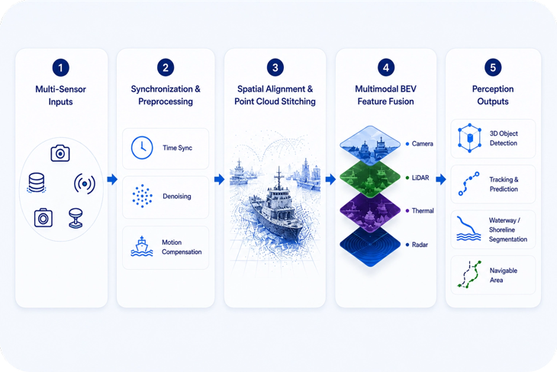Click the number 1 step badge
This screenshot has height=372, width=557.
60,67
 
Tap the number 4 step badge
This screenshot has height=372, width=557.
386,67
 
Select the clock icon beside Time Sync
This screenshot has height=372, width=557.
142,148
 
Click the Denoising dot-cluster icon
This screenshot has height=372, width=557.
142,196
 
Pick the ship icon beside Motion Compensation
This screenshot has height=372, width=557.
142,246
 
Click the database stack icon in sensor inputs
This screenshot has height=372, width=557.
36,183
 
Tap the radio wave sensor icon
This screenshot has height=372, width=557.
85,184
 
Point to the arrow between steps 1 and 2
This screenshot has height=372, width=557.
112,179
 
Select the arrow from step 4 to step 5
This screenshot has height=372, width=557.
441,179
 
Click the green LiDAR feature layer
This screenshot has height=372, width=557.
370,178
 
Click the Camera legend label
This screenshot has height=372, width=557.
423,144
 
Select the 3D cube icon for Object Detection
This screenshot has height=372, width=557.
469,138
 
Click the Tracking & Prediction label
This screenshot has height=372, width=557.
504,184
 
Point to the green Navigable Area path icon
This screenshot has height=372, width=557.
469,274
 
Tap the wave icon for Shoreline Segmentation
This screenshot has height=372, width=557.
468,229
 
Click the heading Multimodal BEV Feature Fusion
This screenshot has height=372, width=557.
386,95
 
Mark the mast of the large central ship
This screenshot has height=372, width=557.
279,178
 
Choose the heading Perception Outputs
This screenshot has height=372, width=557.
493,95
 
